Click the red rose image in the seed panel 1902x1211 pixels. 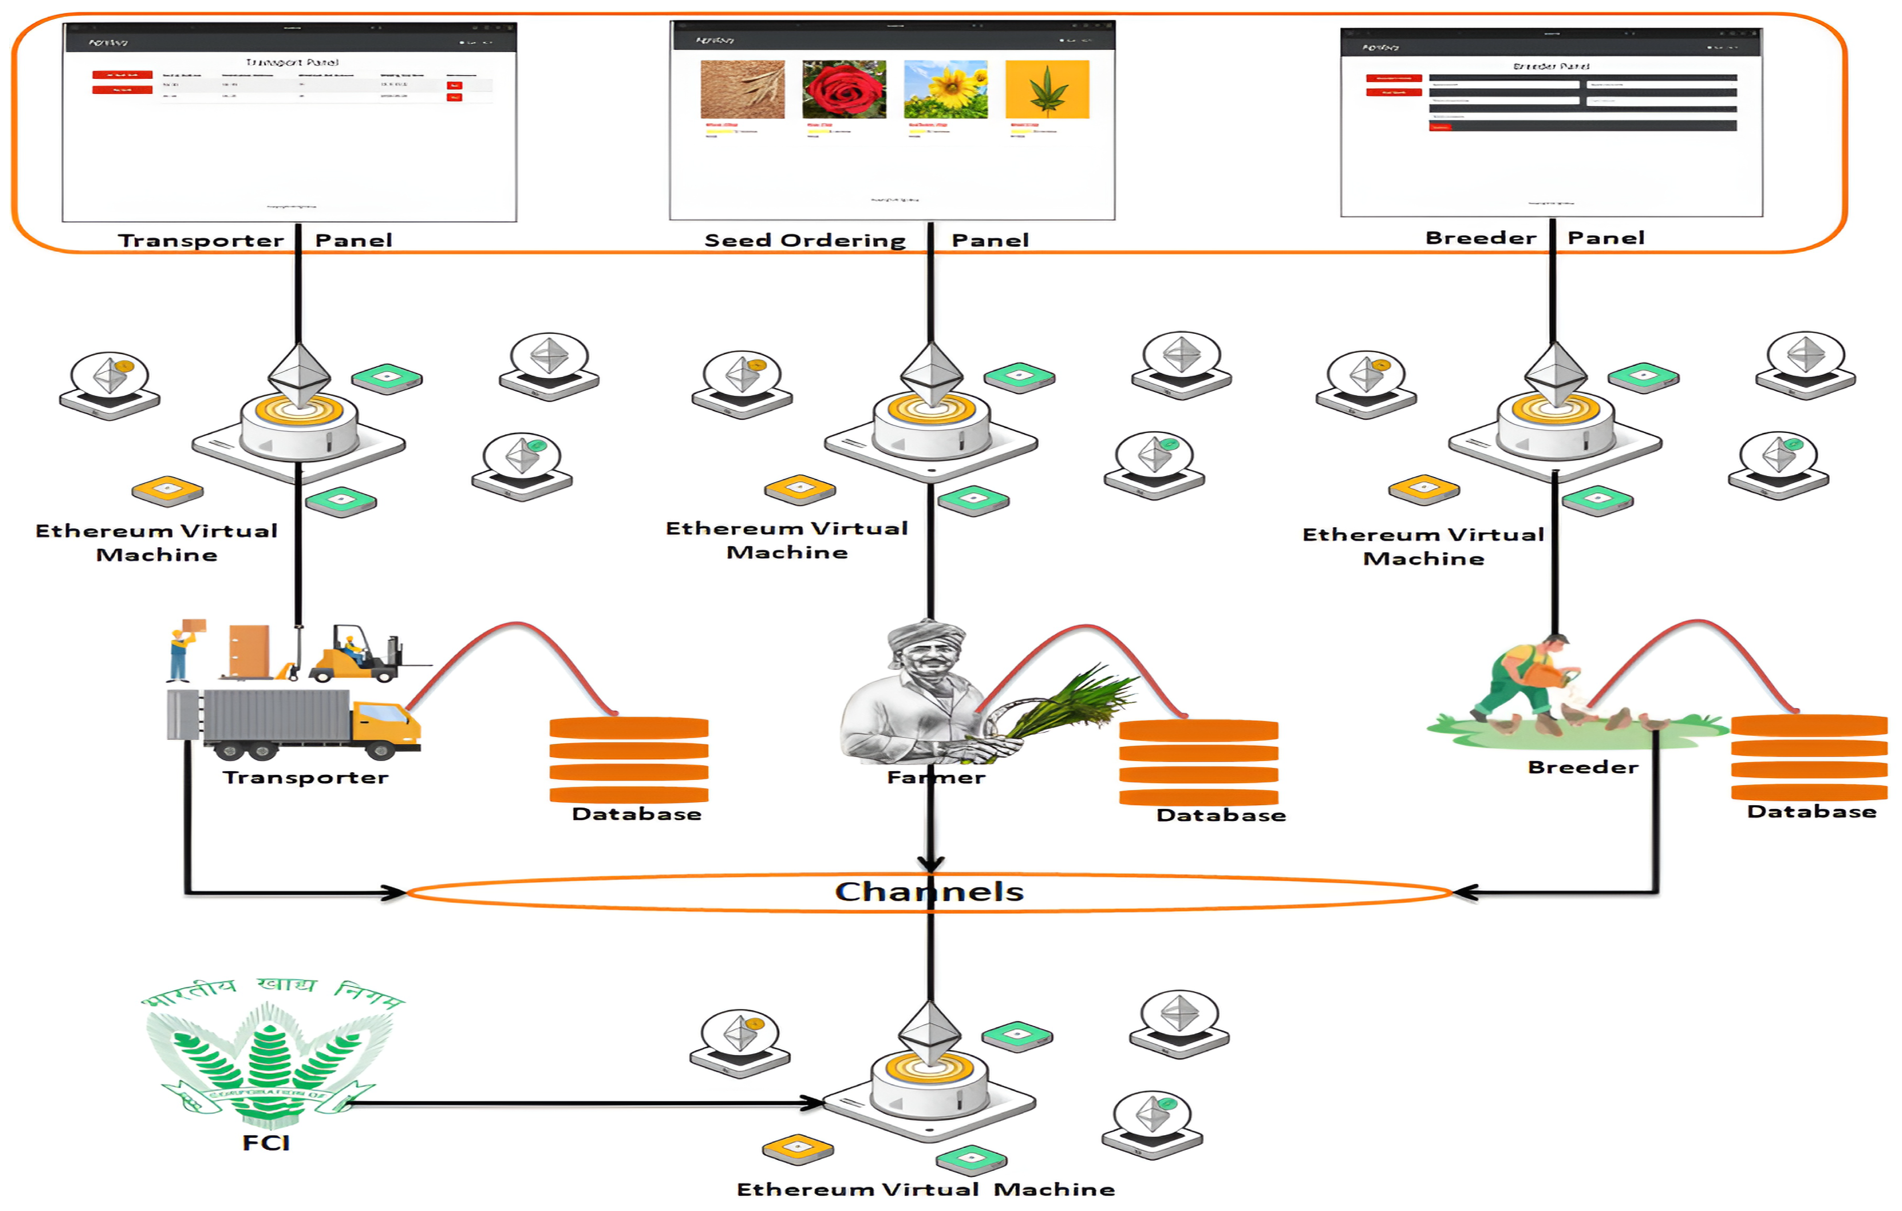844,89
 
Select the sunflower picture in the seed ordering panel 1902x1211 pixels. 945,89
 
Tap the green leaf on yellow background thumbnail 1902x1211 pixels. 1047,89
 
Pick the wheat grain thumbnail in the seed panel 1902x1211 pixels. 743,89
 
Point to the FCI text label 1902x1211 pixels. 266,1143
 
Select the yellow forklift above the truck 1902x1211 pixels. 355,656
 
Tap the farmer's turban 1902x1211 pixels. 924,636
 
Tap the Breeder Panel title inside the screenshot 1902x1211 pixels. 1551,66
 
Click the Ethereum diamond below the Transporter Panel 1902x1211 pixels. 299,375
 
